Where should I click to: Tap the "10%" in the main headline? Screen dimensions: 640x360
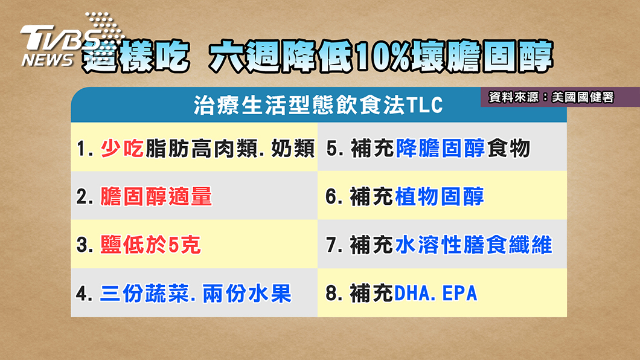(x=382, y=57)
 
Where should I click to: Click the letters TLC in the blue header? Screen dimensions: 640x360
(x=424, y=105)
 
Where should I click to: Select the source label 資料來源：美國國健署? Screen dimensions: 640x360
(x=551, y=97)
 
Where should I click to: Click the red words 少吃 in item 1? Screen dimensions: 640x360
(x=122, y=148)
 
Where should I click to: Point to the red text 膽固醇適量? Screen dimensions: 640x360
(x=156, y=196)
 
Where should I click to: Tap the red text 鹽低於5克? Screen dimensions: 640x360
(x=150, y=245)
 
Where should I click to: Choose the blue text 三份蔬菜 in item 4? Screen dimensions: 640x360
(x=144, y=294)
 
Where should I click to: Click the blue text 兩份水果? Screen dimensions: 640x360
(x=247, y=294)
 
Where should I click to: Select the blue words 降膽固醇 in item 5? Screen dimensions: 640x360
(x=440, y=148)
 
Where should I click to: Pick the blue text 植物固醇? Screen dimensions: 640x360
(x=439, y=196)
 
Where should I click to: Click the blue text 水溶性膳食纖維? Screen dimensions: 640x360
(x=473, y=245)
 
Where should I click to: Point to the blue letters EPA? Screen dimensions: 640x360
(x=459, y=294)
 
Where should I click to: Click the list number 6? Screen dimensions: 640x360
(x=331, y=196)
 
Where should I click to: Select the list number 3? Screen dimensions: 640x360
(x=83, y=245)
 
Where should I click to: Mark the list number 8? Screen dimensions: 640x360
(x=331, y=294)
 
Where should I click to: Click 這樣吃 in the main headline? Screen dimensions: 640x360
(x=135, y=57)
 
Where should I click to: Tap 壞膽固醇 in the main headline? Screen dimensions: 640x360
(x=482, y=57)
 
